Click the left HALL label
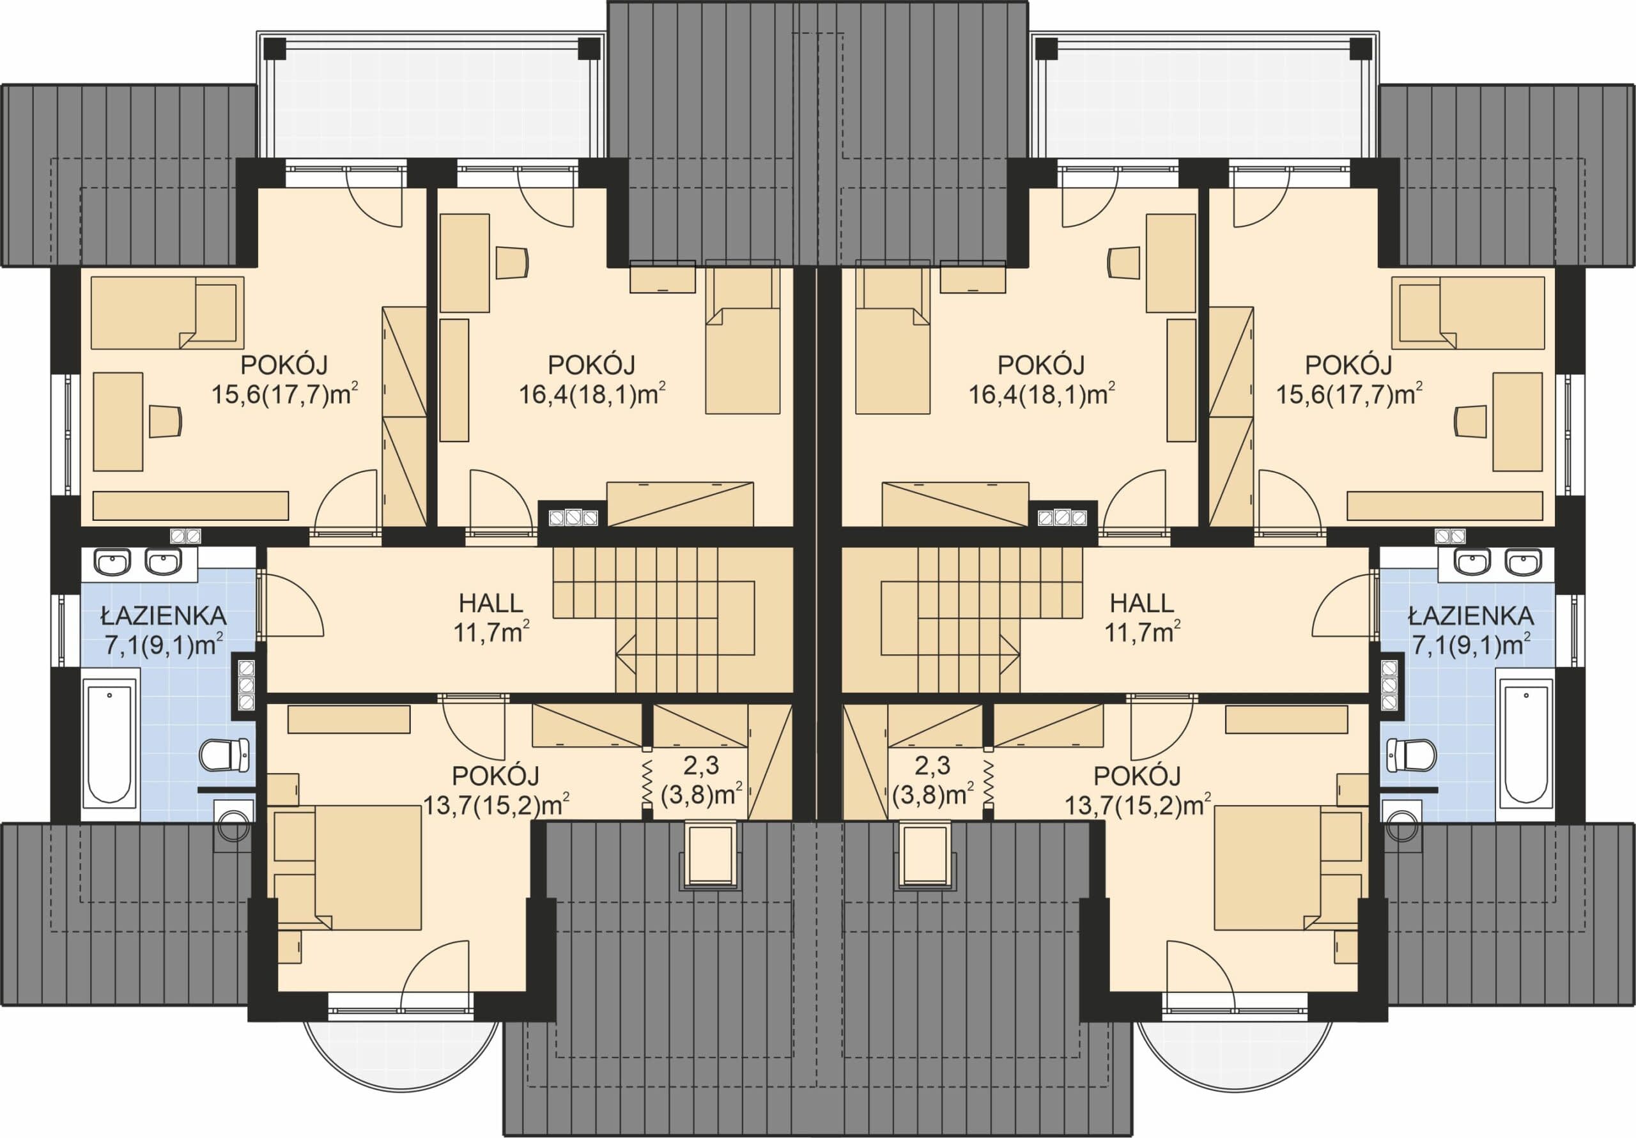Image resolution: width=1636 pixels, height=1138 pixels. click(490, 604)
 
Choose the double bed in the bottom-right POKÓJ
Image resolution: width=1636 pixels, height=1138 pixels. click(1269, 867)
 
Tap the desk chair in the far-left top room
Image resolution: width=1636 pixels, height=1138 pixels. click(166, 420)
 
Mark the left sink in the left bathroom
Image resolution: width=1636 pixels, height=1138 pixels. click(112, 562)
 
